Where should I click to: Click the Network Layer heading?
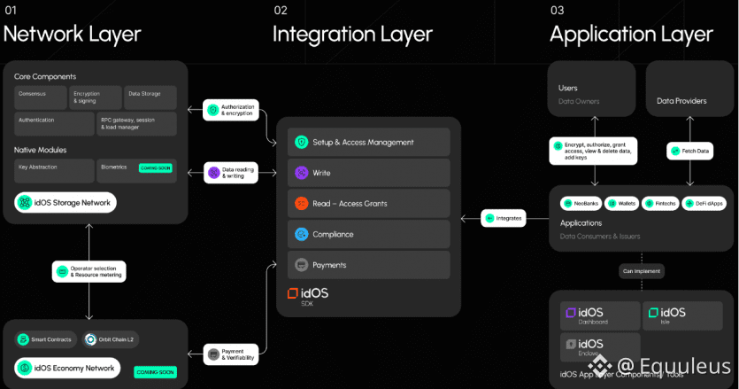[x=72, y=35]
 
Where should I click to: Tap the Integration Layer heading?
[x=352, y=35]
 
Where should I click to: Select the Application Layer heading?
[x=631, y=35]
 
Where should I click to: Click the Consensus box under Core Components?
[x=41, y=97]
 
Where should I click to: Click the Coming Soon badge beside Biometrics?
[x=156, y=167]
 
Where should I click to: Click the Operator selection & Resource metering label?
[x=89, y=272]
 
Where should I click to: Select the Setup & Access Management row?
[x=369, y=143]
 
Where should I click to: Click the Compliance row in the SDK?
[x=369, y=234]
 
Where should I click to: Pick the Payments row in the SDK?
[x=369, y=265]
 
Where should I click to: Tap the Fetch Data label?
[x=690, y=152]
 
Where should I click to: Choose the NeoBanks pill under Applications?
[x=581, y=203]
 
